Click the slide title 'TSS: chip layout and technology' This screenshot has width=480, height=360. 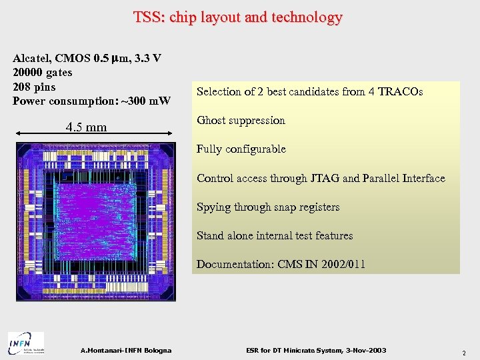[238, 17]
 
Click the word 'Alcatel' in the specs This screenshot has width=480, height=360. [32, 58]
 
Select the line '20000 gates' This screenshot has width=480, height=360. [43, 72]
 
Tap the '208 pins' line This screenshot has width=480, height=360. [34, 87]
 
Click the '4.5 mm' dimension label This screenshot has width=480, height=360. [86, 127]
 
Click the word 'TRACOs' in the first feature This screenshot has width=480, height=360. [400, 91]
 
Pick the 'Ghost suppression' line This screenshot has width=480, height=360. [241, 121]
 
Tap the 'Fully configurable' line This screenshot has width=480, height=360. [241, 149]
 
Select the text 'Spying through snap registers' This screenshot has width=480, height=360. [268, 207]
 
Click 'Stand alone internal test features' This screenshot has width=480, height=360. [275, 235]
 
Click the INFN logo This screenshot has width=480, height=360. [26, 344]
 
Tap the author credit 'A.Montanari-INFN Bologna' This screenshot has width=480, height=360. [125, 351]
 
